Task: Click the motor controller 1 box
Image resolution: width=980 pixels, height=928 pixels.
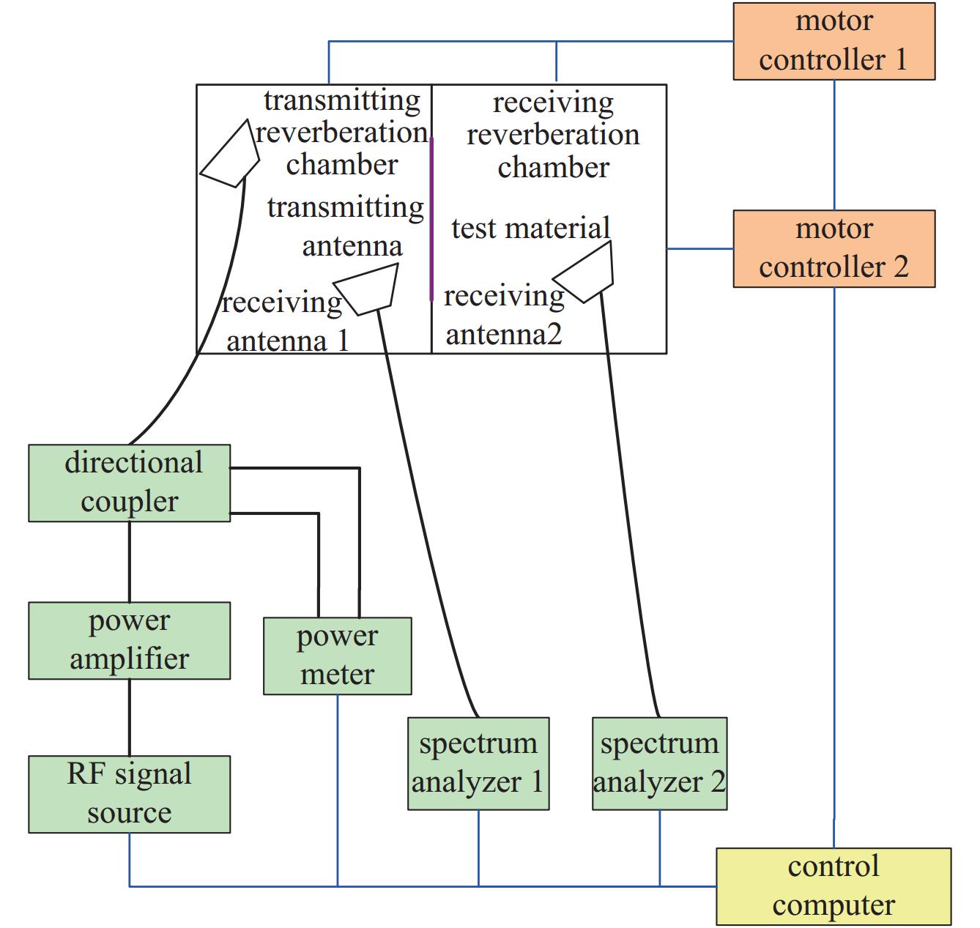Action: [834, 41]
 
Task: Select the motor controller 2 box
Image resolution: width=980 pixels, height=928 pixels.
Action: [834, 249]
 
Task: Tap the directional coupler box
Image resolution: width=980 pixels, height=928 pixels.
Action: [129, 483]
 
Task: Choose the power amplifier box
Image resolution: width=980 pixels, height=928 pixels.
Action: [129, 640]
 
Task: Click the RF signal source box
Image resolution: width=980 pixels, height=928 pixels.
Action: [129, 794]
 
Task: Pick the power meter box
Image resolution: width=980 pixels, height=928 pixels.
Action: [337, 656]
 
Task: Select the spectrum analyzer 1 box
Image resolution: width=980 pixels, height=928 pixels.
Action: [478, 763]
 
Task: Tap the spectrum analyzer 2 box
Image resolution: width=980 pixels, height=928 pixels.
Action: [659, 763]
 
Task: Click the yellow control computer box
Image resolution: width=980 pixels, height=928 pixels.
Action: [833, 886]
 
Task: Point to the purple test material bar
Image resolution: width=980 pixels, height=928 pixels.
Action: [431, 220]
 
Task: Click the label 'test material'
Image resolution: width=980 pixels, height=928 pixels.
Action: [530, 229]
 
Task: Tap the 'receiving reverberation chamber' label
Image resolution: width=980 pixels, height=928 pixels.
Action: [553, 136]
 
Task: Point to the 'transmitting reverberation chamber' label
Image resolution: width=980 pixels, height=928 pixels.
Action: [342, 133]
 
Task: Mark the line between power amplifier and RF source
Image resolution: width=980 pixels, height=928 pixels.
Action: [130, 717]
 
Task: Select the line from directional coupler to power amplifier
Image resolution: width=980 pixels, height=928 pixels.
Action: [130, 562]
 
